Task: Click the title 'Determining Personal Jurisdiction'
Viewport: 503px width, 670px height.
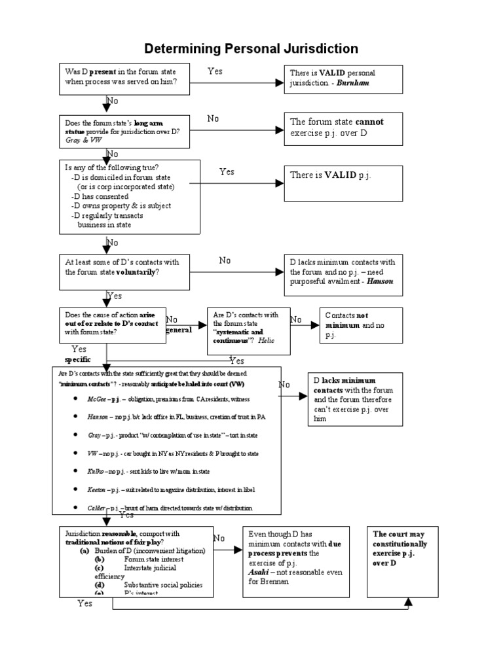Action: [x=251, y=48]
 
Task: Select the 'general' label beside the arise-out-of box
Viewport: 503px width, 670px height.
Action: [x=179, y=330]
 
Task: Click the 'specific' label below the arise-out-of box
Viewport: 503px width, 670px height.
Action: [x=77, y=360]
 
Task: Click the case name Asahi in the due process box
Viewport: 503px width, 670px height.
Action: [x=259, y=571]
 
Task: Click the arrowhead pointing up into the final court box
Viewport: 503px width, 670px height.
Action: [x=409, y=601]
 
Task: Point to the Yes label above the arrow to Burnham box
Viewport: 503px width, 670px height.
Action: [x=215, y=71]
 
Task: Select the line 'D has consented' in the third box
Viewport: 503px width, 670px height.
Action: [x=100, y=196]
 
